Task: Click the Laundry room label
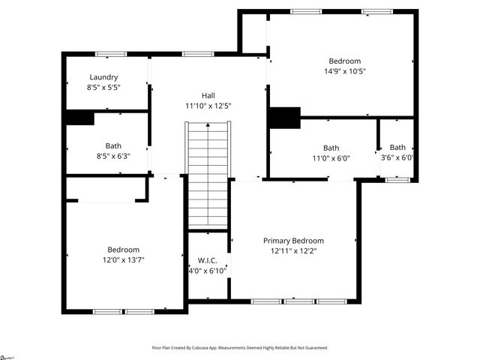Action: pos(104,77)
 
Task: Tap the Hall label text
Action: pos(208,95)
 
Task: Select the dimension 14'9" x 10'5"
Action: pos(345,71)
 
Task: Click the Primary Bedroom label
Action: pos(293,241)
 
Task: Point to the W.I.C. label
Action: pos(208,259)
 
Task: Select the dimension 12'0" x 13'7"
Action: pos(123,259)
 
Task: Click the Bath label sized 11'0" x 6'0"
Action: pos(331,148)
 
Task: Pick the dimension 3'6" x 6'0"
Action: pos(397,157)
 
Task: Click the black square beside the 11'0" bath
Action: pos(284,118)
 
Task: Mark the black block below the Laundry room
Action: pos(80,118)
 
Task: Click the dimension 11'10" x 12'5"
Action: pos(208,106)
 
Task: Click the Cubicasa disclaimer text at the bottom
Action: pos(240,348)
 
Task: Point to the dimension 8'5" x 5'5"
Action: pos(104,87)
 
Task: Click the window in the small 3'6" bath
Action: pos(397,179)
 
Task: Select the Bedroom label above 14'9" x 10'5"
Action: pos(345,61)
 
